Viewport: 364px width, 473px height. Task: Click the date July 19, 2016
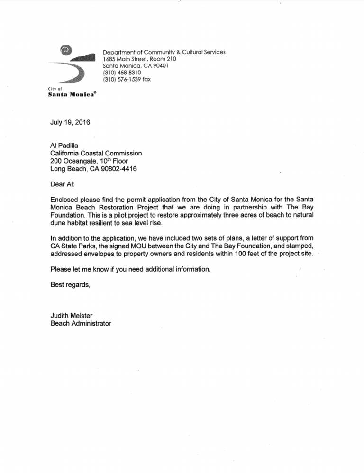[70, 122]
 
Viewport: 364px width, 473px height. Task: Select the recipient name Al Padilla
[66, 146]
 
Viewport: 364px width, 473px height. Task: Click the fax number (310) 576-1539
[121, 80]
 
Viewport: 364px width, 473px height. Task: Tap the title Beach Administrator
[81, 323]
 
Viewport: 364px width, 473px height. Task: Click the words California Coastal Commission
[96, 153]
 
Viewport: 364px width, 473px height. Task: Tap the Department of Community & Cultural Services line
[164, 52]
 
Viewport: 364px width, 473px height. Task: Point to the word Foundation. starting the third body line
[68, 215]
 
